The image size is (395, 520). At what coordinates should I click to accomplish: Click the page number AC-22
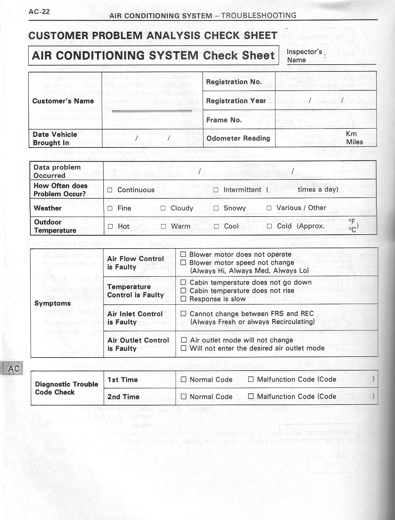pyautogui.click(x=39, y=12)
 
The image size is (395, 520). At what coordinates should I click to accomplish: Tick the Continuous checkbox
pyautogui.click(x=110, y=190)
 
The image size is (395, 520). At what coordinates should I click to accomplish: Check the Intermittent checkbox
pyautogui.click(x=216, y=190)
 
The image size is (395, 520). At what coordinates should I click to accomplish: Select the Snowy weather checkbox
pyautogui.click(x=216, y=208)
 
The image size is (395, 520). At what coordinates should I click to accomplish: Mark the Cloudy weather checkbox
pyautogui.click(x=163, y=208)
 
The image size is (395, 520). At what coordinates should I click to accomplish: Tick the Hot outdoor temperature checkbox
pyautogui.click(x=110, y=226)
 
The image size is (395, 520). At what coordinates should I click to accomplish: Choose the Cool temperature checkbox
pyautogui.click(x=216, y=226)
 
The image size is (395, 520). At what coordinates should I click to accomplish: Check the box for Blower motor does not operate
pyautogui.click(x=183, y=254)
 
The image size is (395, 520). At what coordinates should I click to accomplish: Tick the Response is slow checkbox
pyautogui.click(x=183, y=299)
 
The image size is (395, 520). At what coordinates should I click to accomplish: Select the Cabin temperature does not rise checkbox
pyautogui.click(x=183, y=290)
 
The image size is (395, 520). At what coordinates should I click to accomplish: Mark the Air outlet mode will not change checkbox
pyautogui.click(x=183, y=340)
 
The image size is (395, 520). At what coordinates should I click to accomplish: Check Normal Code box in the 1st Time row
pyautogui.click(x=184, y=379)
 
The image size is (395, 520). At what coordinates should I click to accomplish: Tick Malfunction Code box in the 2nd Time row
pyautogui.click(x=251, y=396)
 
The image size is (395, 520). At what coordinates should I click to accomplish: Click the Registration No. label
pyautogui.click(x=234, y=82)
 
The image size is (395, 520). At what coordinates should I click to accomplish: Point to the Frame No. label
pyautogui.click(x=224, y=120)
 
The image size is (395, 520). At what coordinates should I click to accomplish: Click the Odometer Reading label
pyautogui.click(x=238, y=138)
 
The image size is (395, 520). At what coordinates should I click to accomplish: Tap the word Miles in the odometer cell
pyautogui.click(x=355, y=142)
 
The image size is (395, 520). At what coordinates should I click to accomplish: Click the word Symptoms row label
pyautogui.click(x=53, y=303)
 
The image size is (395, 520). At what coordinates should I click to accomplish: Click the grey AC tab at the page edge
pyautogui.click(x=13, y=369)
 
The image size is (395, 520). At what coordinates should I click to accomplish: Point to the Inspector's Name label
pyautogui.click(x=304, y=56)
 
